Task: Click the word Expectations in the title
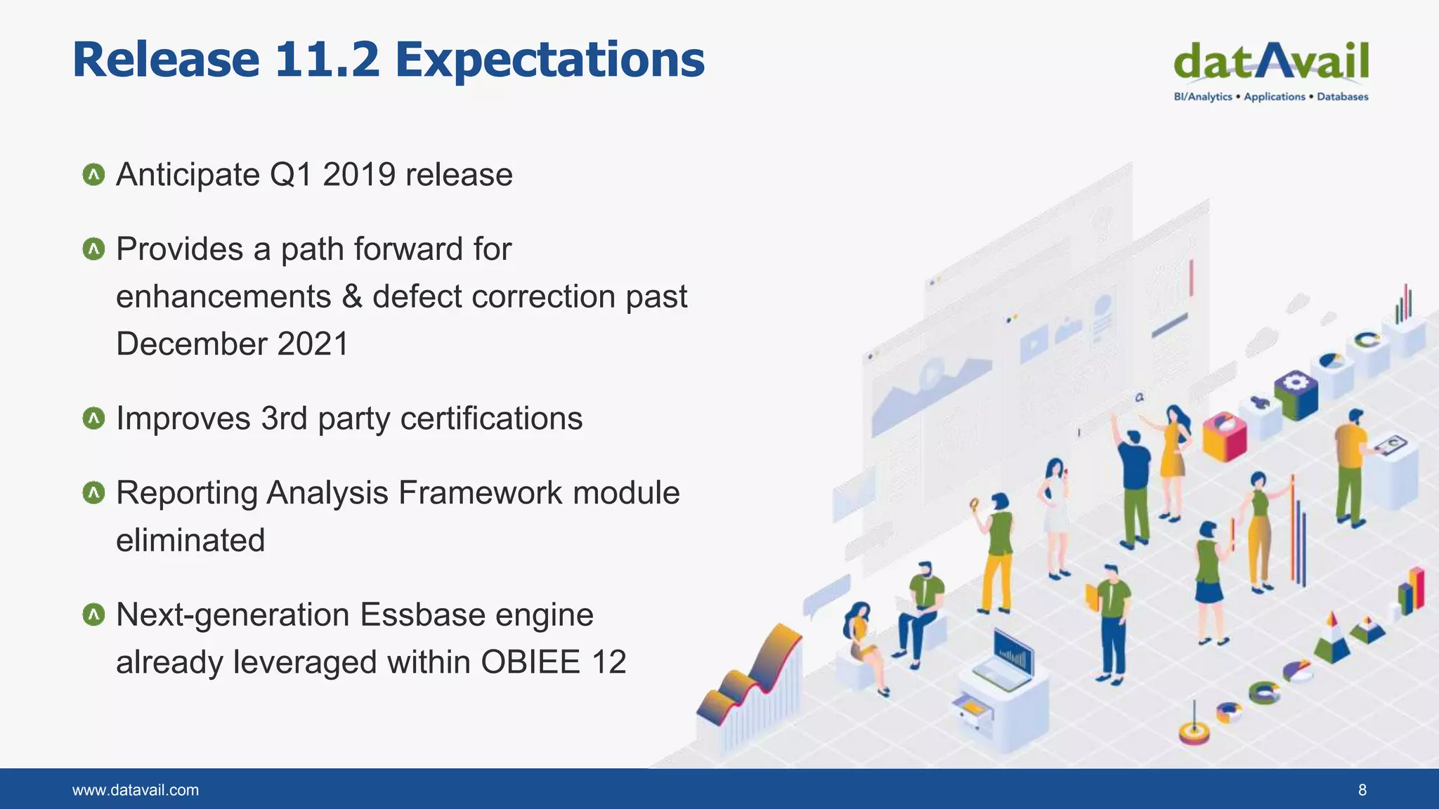click(x=549, y=61)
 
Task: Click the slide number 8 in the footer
click(x=1362, y=790)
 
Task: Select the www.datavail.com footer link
click(x=136, y=790)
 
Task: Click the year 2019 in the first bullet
click(x=358, y=175)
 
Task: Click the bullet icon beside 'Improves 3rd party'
click(x=93, y=419)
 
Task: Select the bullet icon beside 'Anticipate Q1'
click(x=93, y=175)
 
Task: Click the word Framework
click(x=480, y=493)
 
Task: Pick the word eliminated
click(x=190, y=541)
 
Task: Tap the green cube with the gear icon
click(x=1296, y=394)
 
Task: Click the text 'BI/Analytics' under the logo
click(x=1202, y=97)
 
